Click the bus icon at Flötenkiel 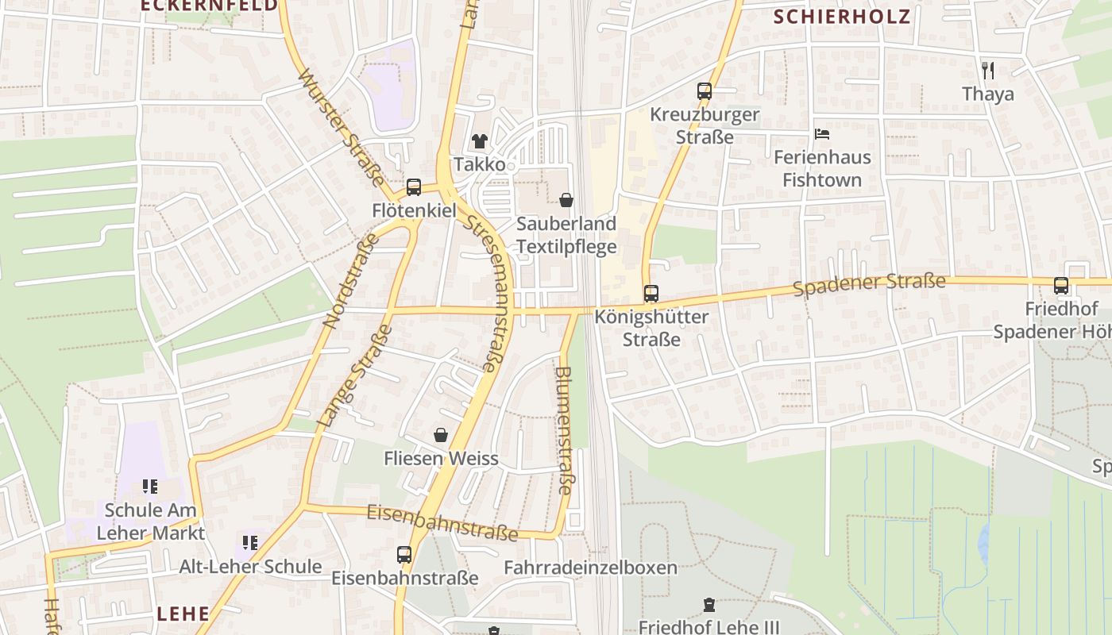point(414,187)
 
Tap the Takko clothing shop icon point(480,141)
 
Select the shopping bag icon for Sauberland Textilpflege point(566,200)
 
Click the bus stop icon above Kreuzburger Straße point(705,91)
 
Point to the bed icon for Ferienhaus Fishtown point(822,134)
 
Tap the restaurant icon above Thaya point(988,71)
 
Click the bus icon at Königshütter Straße point(651,294)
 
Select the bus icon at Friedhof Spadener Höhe point(1061,286)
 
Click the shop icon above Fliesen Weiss point(441,435)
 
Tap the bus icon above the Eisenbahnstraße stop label point(404,554)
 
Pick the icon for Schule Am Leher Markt point(150,486)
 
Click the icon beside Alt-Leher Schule point(250,543)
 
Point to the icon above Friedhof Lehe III point(709,605)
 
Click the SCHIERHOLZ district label point(842,17)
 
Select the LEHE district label point(183,614)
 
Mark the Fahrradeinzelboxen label point(590,568)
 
